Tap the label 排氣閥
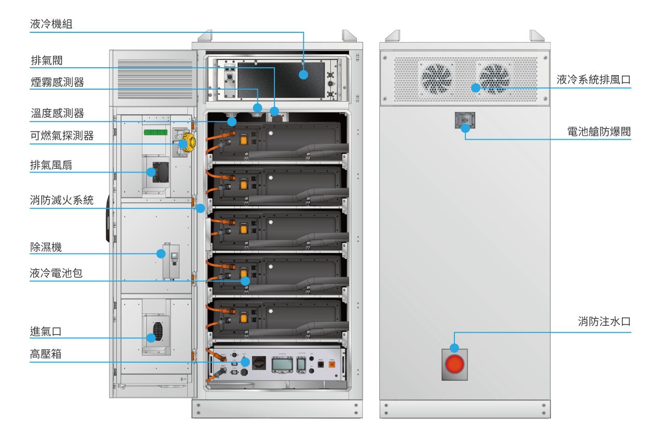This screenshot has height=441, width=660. click(47, 60)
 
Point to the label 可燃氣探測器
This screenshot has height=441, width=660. click(62, 136)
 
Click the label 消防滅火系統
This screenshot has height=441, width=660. click(62, 200)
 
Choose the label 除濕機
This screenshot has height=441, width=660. click(46, 247)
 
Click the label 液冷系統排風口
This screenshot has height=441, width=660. click(594, 80)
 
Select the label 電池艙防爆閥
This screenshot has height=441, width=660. click(599, 131)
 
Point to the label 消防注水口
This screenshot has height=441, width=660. click(604, 322)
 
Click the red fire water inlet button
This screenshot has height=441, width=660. click(454, 364)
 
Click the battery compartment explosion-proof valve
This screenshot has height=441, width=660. click(464, 121)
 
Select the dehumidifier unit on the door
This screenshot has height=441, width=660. click(171, 261)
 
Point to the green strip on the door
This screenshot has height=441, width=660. click(155, 132)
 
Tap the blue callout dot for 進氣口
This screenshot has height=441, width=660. click(151, 338)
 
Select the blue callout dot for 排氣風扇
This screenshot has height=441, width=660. click(151, 172)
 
